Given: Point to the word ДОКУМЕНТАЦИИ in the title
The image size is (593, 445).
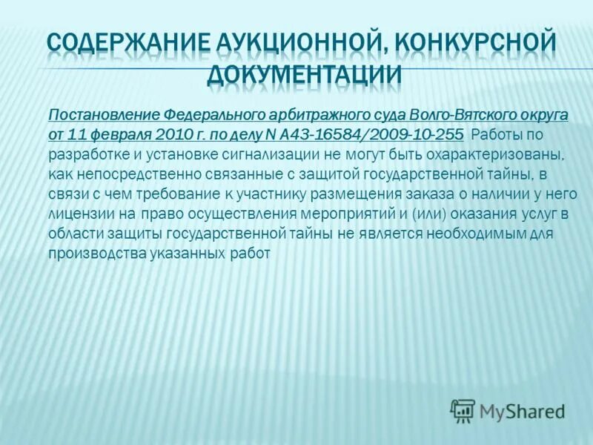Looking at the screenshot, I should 305,76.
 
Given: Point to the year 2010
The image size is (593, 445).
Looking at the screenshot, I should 177,133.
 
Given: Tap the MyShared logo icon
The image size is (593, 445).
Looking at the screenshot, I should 463,410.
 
